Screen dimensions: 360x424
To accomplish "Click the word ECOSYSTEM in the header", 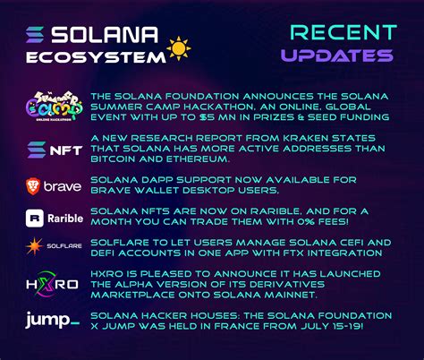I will (x=107, y=56).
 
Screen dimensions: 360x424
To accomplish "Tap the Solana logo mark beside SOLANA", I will (x=38, y=37).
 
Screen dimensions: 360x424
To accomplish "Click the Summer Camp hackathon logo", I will (x=53, y=108).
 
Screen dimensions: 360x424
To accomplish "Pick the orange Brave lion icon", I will (x=33, y=186).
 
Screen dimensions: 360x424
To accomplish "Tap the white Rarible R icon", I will (x=34, y=217).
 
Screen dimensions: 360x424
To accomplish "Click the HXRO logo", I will (x=53, y=284).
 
